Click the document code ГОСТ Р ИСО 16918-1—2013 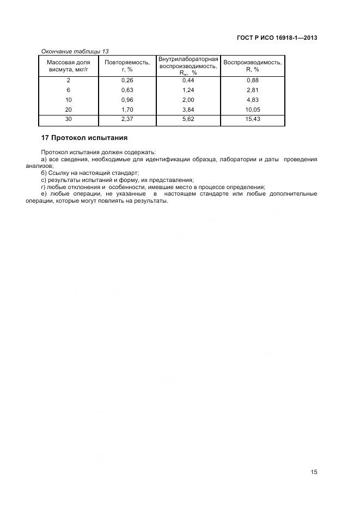(x=277, y=38)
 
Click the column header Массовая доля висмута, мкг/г (x=69, y=66)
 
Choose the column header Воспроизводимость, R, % (x=252, y=66)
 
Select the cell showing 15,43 (x=252, y=118)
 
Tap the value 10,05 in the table (x=252, y=109)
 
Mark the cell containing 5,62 (x=188, y=118)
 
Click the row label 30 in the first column (x=69, y=118)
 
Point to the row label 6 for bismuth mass (x=69, y=90)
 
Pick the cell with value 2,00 (x=188, y=100)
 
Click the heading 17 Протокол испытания (x=84, y=138)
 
